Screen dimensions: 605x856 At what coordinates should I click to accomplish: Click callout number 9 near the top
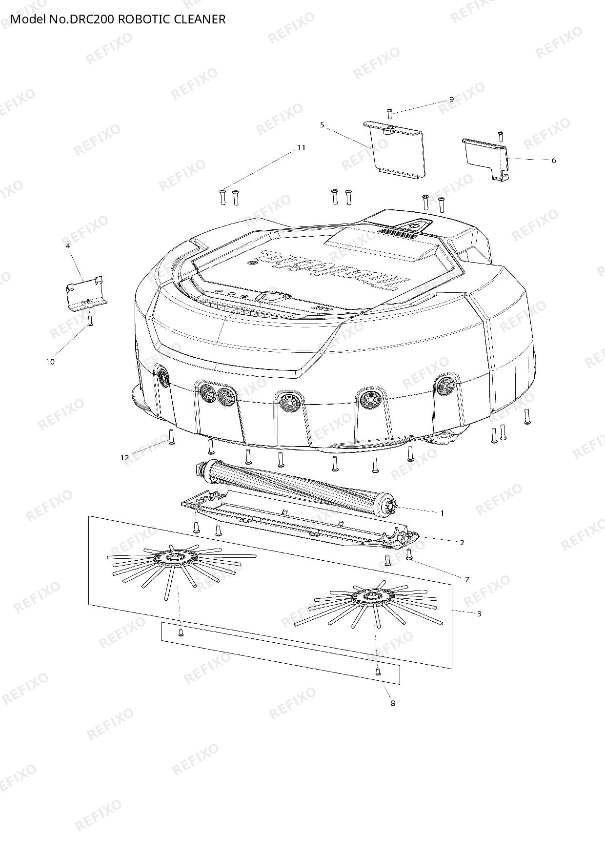451,100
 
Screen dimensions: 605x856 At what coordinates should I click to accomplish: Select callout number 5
322,125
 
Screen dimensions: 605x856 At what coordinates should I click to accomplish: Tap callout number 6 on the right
553,160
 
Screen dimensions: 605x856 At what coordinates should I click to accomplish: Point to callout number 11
301,147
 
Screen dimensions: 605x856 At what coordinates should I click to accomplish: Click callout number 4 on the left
68,246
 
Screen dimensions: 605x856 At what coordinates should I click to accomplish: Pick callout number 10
50,362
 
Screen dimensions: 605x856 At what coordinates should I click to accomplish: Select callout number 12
125,457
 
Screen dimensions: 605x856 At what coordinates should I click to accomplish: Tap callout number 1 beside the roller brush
443,513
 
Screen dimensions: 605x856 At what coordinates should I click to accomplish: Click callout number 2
462,542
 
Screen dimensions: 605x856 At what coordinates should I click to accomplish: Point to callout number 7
467,579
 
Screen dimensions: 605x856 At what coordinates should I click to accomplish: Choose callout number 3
479,613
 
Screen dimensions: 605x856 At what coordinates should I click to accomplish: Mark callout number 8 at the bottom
393,703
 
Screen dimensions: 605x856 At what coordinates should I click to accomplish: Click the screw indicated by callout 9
389,114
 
